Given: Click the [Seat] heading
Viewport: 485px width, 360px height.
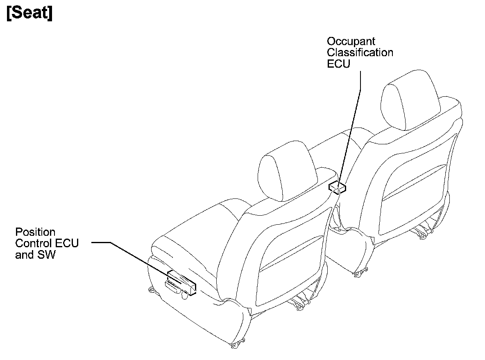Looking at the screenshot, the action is click(29, 14).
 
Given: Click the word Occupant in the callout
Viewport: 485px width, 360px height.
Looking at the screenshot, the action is click(351, 41).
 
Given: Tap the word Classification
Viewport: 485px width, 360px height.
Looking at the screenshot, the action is click(360, 53).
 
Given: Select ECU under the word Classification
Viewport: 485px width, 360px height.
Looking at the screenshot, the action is click(338, 64).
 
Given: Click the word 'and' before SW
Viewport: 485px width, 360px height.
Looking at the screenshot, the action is click(23, 255).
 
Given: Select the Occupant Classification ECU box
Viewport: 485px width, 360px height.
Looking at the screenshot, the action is click(338, 187).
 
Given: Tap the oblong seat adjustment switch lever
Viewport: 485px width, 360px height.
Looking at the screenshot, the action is click(173, 287).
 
